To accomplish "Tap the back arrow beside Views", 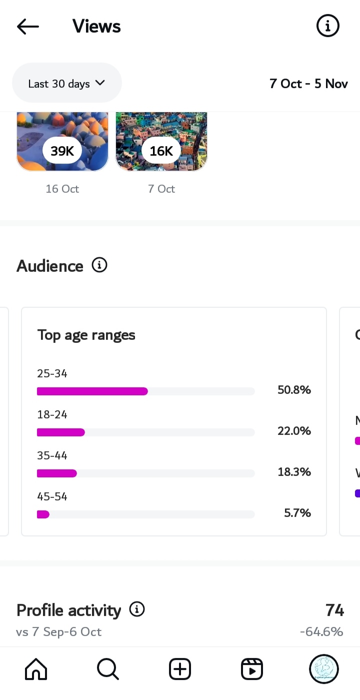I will pyautogui.click(x=27, y=27).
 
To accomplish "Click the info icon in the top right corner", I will pyautogui.click(x=328, y=26).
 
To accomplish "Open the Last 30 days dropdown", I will pyautogui.click(x=66, y=84).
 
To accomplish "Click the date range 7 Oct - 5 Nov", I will pyautogui.click(x=308, y=84).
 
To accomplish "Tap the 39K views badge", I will pyautogui.click(x=62, y=151).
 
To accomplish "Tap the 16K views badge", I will pyautogui.click(x=161, y=151).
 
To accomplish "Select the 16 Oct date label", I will pyautogui.click(x=62, y=189).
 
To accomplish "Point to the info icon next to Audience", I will pyautogui.click(x=99, y=265).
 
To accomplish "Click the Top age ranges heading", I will pyautogui.click(x=86, y=335).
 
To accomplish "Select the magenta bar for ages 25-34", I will pyautogui.click(x=92, y=391).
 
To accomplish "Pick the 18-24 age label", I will pyautogui.click(x=52, y=415).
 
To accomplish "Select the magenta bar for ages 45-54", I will pyautogui.click(x=43, y=514).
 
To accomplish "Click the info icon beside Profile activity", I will pyautogui.click(x=137, y=609).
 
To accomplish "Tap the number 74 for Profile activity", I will pyautogui.click(x=334, y=610).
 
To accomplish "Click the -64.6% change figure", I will pyautogui.click(x=321, y=632).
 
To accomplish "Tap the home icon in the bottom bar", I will pyautogui.click(x=36, y=669).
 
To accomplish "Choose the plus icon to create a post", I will pyautogui.click(x=180, y=669).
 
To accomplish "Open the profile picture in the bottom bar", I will pyautogui.click(x=324, y=669).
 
